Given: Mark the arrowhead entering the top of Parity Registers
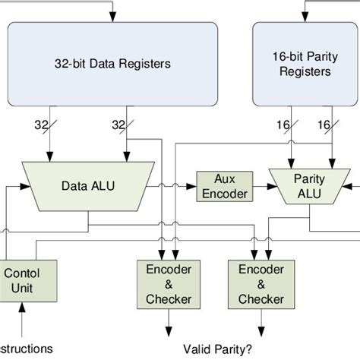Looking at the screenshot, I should click(x=304, y=18).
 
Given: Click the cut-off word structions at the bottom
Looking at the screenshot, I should click(x=27, y=349).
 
